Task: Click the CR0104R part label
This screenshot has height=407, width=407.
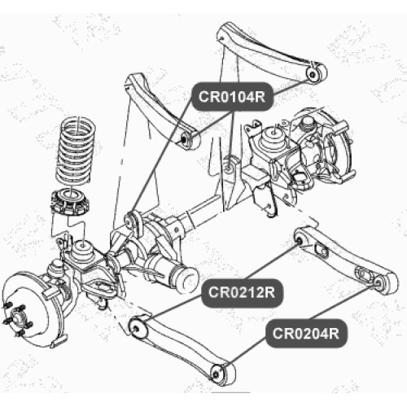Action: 232,97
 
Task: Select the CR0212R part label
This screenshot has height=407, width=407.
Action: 242,292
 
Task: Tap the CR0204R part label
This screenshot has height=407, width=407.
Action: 306,333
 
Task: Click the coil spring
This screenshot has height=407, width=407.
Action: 77,151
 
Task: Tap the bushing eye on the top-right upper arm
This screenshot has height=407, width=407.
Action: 316,73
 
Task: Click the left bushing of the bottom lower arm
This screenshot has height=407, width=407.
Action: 138,327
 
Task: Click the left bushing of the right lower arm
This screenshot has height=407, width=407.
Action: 300,239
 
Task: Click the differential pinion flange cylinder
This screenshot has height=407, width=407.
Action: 185,280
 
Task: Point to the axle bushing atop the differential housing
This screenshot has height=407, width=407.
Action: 133,219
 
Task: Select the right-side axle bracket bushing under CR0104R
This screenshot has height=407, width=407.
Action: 230,166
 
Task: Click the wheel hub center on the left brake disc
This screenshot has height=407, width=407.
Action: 18,317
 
